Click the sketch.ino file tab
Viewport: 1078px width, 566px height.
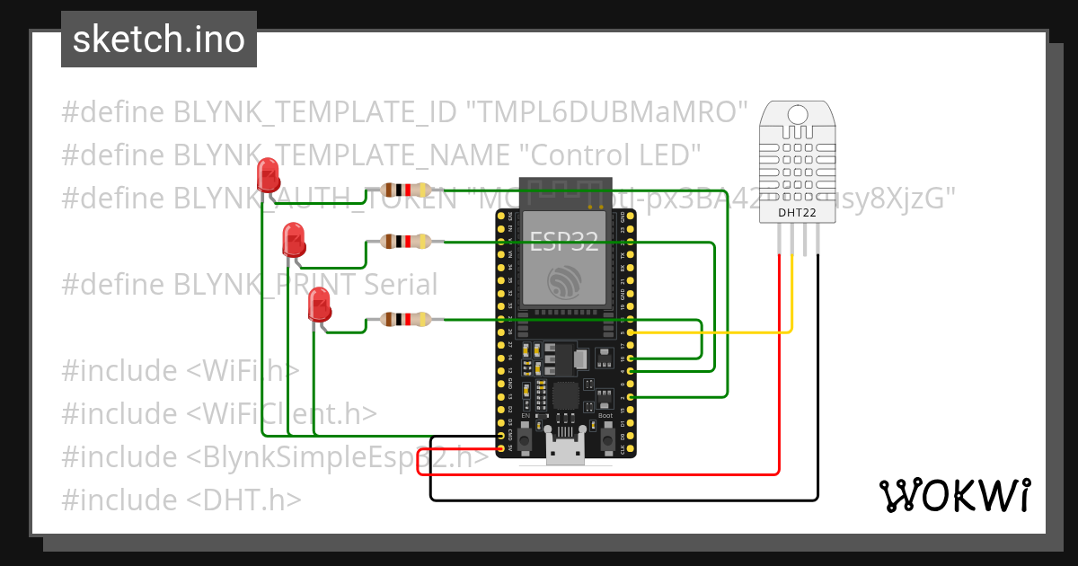coord(158,40)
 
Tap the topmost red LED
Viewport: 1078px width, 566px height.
coord(268,174)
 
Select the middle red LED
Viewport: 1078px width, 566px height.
coord(293,239)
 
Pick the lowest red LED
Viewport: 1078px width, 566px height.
coord(318,305)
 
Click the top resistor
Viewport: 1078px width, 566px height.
coord(405,190)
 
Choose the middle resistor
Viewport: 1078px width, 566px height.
coord(405,241)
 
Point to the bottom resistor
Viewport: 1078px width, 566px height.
coord(405,319)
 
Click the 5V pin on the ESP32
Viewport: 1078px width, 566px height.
coord(500,447)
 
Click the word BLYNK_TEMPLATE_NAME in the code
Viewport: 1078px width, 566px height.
coord(340,155)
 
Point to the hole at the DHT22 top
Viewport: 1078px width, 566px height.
coord(797,115)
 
